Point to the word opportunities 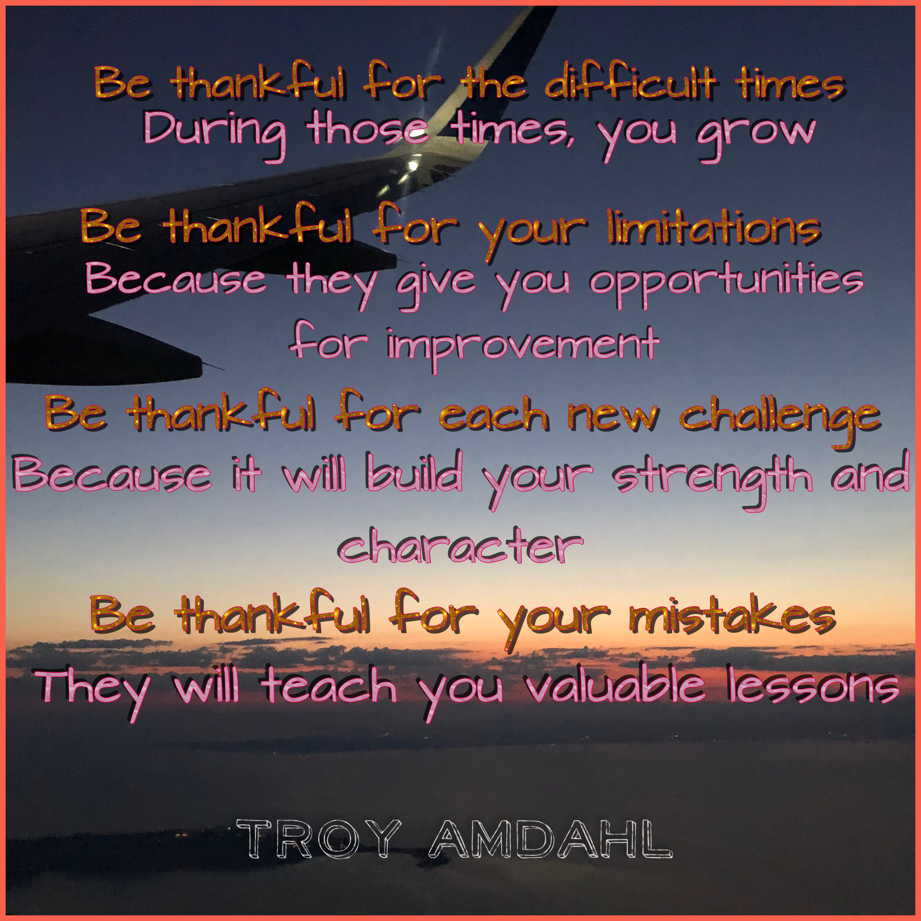click(x=727, y=284)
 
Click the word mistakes click(x=731, y=615)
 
